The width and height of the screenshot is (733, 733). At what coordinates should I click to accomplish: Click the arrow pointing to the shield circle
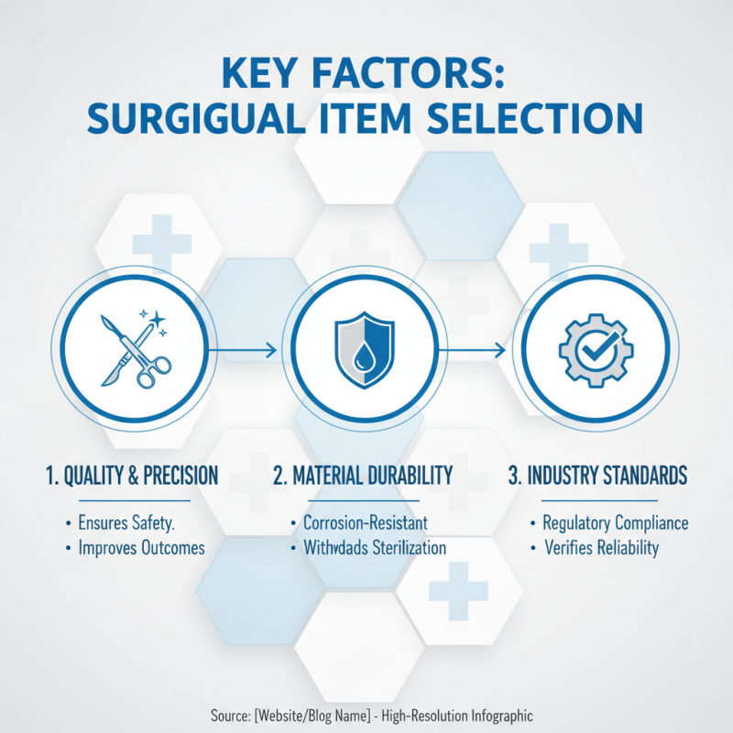[x=246, y=350]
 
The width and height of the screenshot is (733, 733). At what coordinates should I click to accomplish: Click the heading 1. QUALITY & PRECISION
[x=132, y=476]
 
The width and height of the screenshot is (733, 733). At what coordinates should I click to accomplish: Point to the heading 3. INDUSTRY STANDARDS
[x=597, y=476]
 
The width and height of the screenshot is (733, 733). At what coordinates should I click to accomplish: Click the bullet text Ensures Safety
[x=133, y=524]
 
